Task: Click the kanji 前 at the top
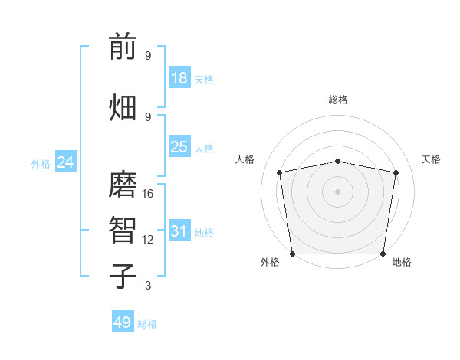click(x=123, y=47)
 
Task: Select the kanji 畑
click(x=123, y=106)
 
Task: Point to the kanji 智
click(x=123, y=230)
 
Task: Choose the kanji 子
click(x=123, y=276)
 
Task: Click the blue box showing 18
click(x=179, y=78)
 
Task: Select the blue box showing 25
click(x=179, y=147)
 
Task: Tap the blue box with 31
click(x=179, y=231)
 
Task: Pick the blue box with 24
click(x=65, y=162)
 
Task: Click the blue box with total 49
click(x=123, y=322)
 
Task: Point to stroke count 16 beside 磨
click(x=148, y=194)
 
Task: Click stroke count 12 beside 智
click(x=148, y=240)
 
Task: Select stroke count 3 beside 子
click(x=148, y=286)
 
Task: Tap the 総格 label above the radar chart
click(x=337, y=100)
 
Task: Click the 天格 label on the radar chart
click(x=431, y=159)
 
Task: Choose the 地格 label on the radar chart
click(x=402, y=263)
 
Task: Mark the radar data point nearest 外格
click(x=292, y=253)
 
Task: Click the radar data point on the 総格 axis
click(x=337, y=161)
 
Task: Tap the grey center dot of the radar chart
click(x=337, y=191)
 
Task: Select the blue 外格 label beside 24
click(x=41, y=163)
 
